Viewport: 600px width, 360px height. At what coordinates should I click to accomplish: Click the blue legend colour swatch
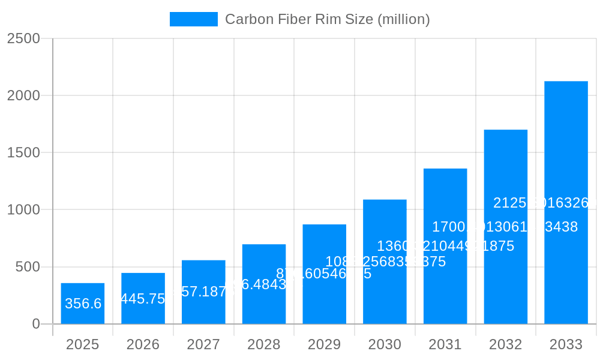point(194,19)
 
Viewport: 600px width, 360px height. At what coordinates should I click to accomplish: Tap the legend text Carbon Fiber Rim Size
point(328,19)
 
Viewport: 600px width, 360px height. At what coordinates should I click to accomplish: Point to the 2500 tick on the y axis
point(23,38)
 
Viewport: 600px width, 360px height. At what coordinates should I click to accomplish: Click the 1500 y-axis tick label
point(23,152)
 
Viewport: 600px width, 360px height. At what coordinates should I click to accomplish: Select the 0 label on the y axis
point(35,324)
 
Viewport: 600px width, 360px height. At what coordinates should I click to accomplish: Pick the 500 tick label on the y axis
point(28,267)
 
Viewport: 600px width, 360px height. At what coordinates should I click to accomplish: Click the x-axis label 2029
point(325,344)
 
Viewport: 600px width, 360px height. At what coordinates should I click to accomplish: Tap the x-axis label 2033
point(566,344)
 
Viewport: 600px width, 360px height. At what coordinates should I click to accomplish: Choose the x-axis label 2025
point(83,344)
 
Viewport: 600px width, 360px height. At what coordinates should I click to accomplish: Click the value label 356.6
point(83,304)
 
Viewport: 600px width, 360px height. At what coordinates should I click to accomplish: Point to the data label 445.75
point(143,299)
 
